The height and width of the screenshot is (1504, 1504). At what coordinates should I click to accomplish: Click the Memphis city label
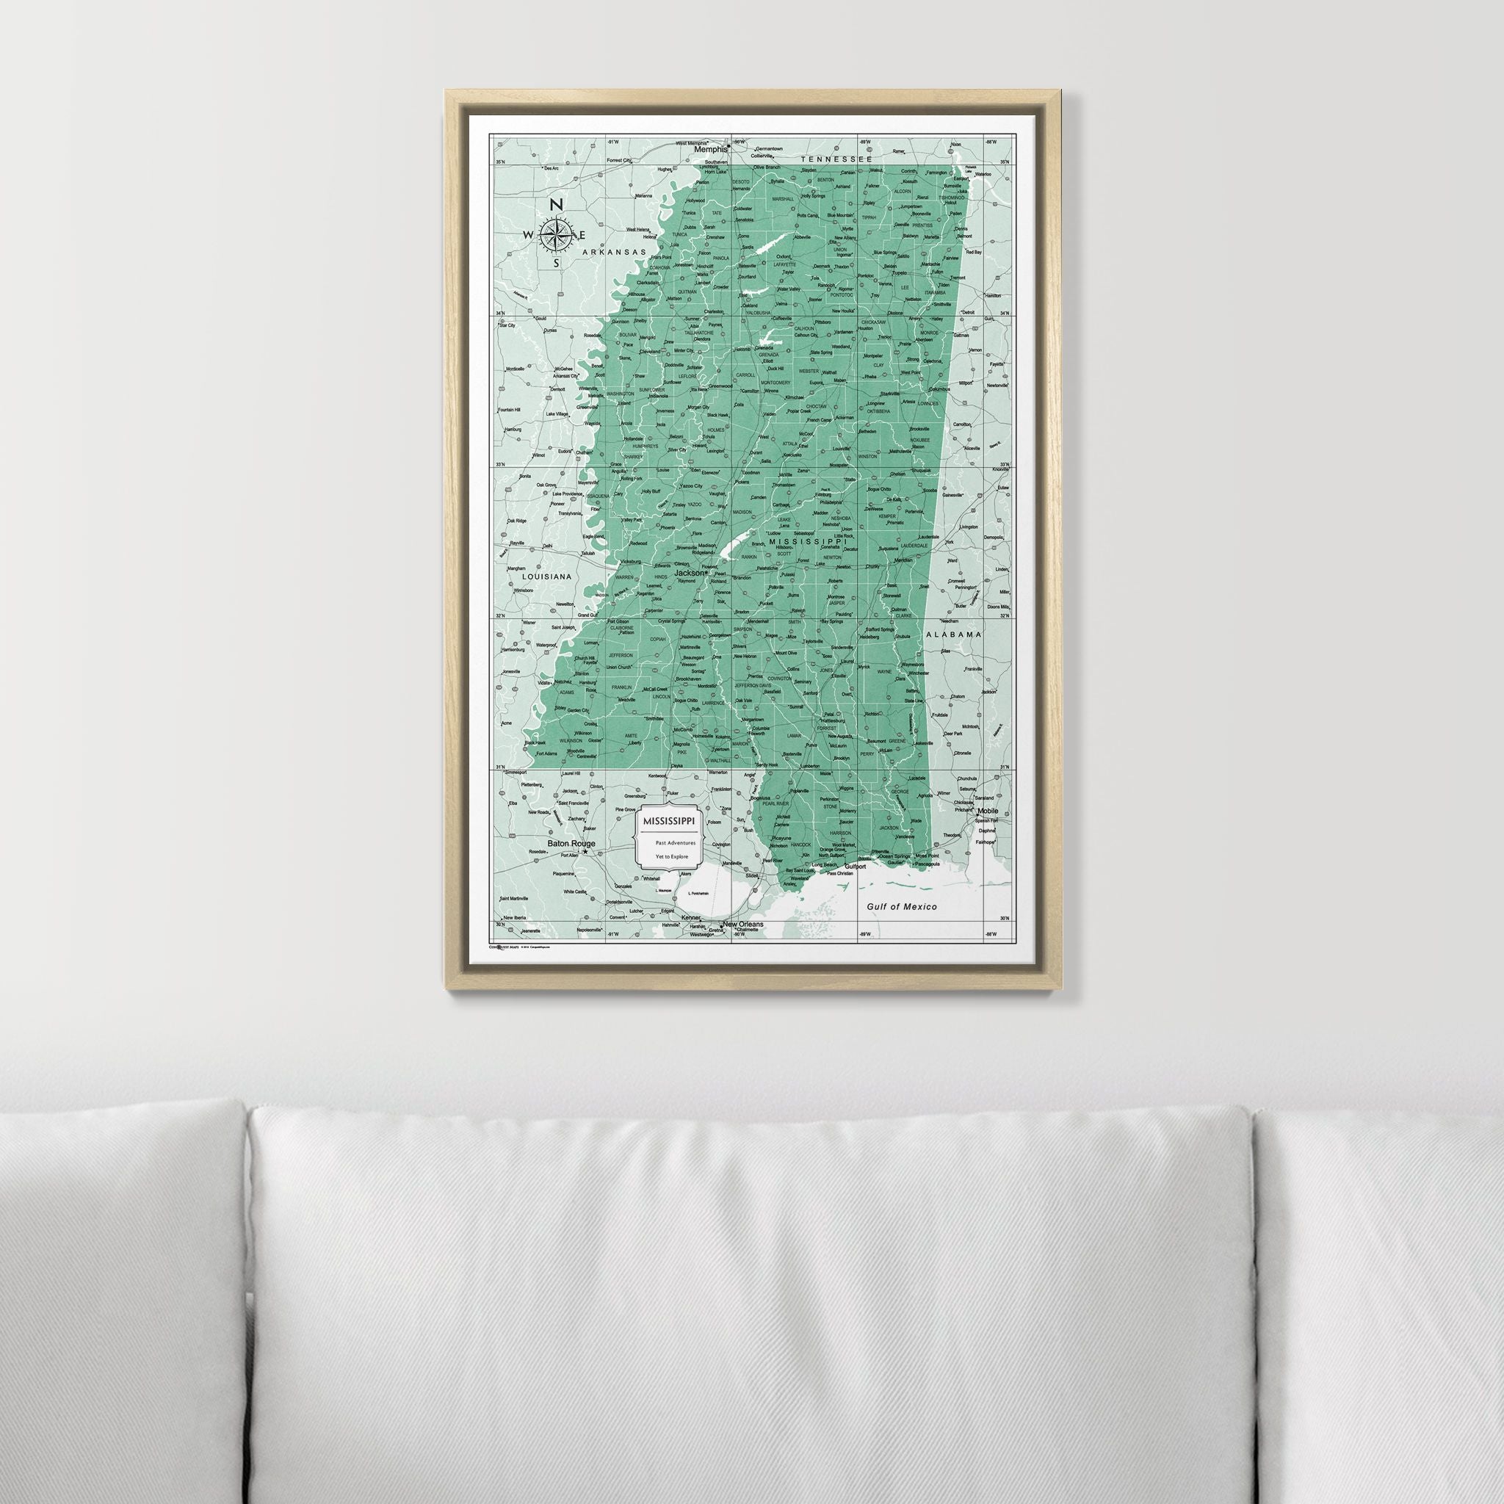tap(710, 151)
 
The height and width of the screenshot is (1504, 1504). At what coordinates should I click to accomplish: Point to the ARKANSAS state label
tap(614, 252)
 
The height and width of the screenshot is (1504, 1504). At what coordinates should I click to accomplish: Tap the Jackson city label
tap(690, 573)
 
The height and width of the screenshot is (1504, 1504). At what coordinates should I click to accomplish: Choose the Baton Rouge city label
tap(571, 843)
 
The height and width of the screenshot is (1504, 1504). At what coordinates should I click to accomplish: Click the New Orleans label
tap(742, 925)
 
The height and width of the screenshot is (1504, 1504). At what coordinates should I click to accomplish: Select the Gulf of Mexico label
tap(903, 906)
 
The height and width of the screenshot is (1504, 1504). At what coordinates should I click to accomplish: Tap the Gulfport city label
tap(855, 865)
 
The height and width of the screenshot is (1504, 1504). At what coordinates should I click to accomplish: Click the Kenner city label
tap(691, 919)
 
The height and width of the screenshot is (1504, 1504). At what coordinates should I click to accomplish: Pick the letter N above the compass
tap(556, 206)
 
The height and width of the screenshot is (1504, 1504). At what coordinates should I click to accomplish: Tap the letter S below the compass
tap(556, 262)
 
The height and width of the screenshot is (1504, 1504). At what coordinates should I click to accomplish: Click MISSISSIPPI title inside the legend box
tap(670, 821)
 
